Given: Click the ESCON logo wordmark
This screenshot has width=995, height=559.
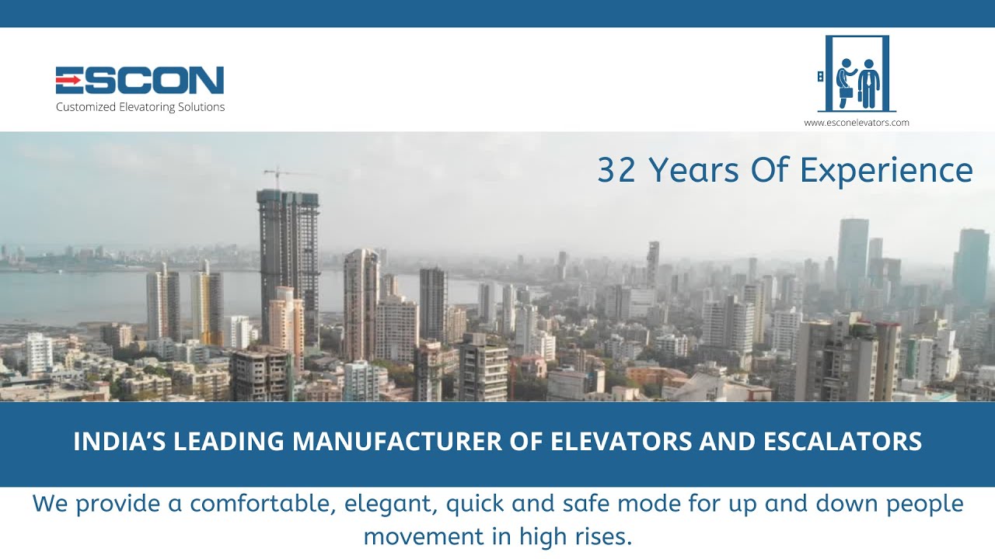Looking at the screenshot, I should click(140, 80).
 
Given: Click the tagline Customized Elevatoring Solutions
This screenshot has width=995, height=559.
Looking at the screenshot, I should click(140, 107).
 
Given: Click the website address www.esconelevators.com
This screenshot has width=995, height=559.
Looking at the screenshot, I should click(857, 123).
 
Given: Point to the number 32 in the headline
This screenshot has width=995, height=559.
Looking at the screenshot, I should click(616, 170).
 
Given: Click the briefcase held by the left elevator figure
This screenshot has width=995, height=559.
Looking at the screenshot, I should click(846, 92).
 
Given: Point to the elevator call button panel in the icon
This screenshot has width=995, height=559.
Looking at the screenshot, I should click(820, 76).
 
